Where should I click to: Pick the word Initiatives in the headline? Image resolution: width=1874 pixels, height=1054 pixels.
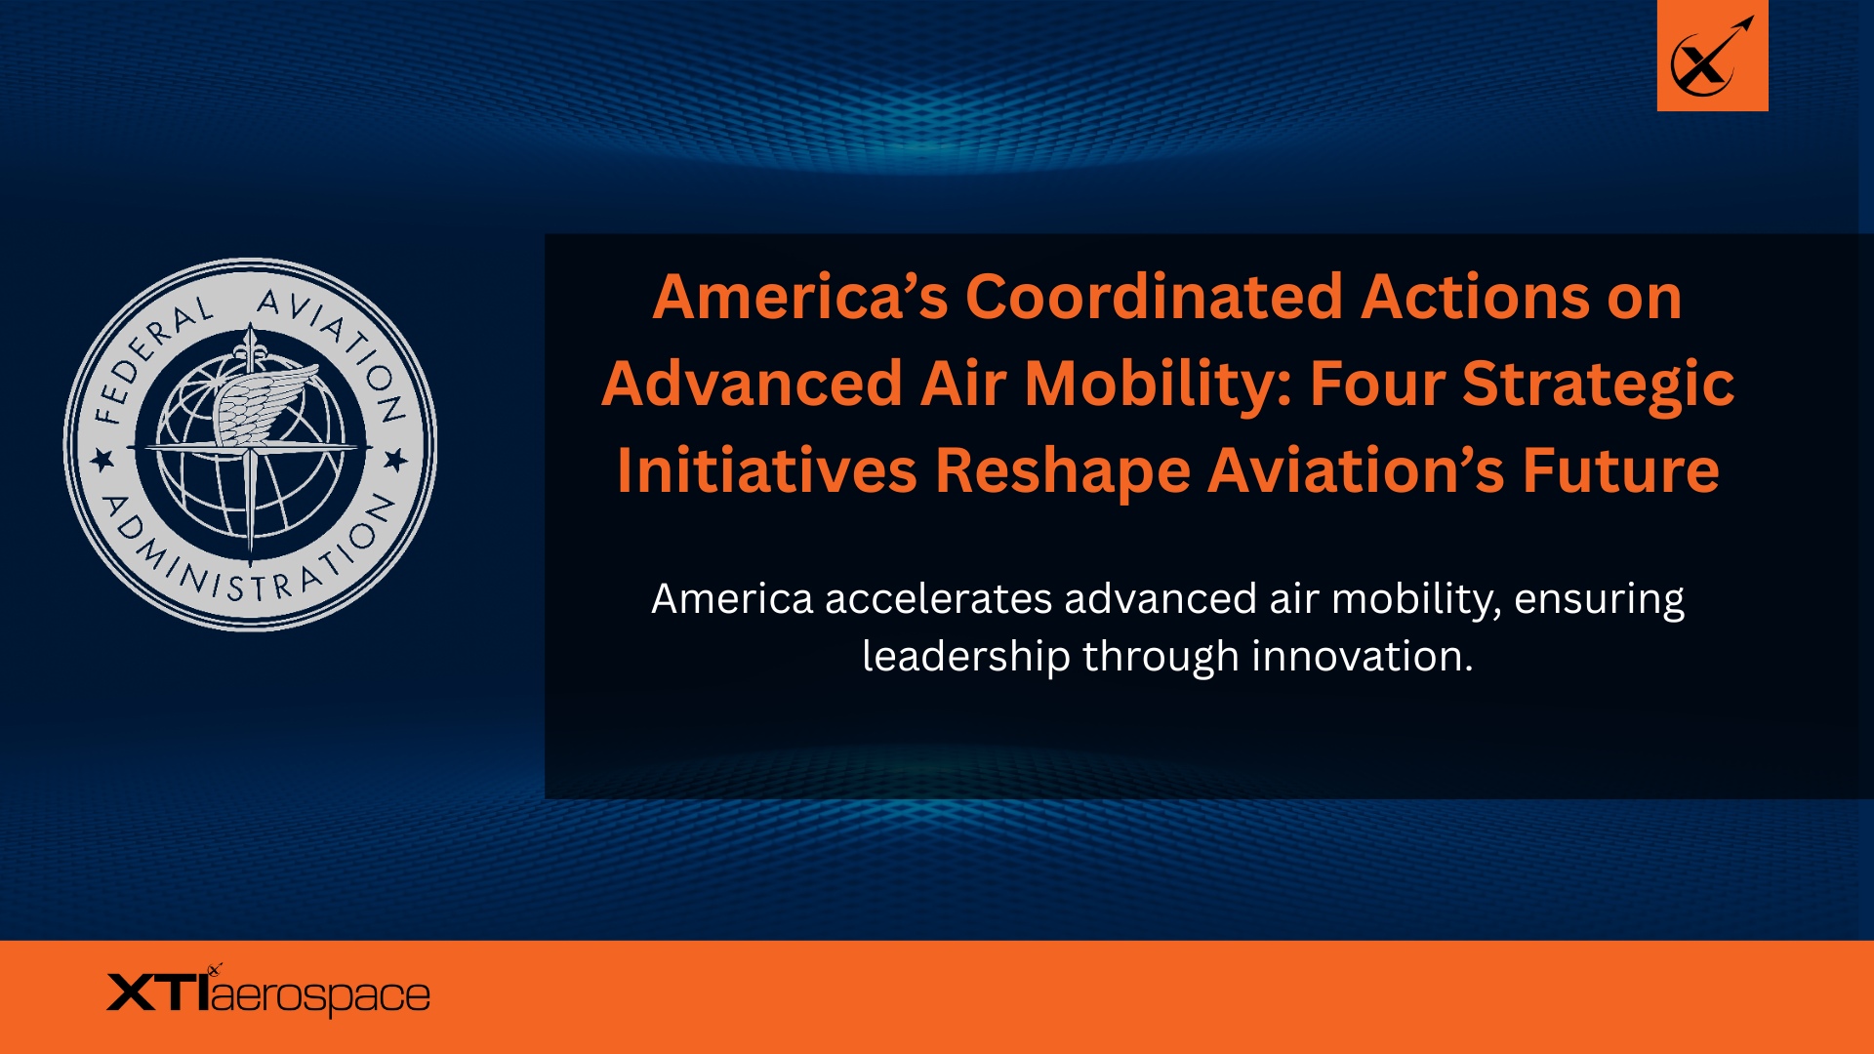tap(767, 470)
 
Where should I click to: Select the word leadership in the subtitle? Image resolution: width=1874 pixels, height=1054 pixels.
tap(966, 657)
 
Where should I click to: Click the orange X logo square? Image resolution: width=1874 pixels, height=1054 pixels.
tap(1712, 56)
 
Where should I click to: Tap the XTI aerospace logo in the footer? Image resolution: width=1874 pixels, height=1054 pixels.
tap(268, 992)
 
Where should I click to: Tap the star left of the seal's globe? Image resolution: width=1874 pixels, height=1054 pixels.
tap(102, 459)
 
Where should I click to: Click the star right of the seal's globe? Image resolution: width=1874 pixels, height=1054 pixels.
tap(395, 459)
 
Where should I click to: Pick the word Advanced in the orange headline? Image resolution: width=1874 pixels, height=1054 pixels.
tap(753, 384)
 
